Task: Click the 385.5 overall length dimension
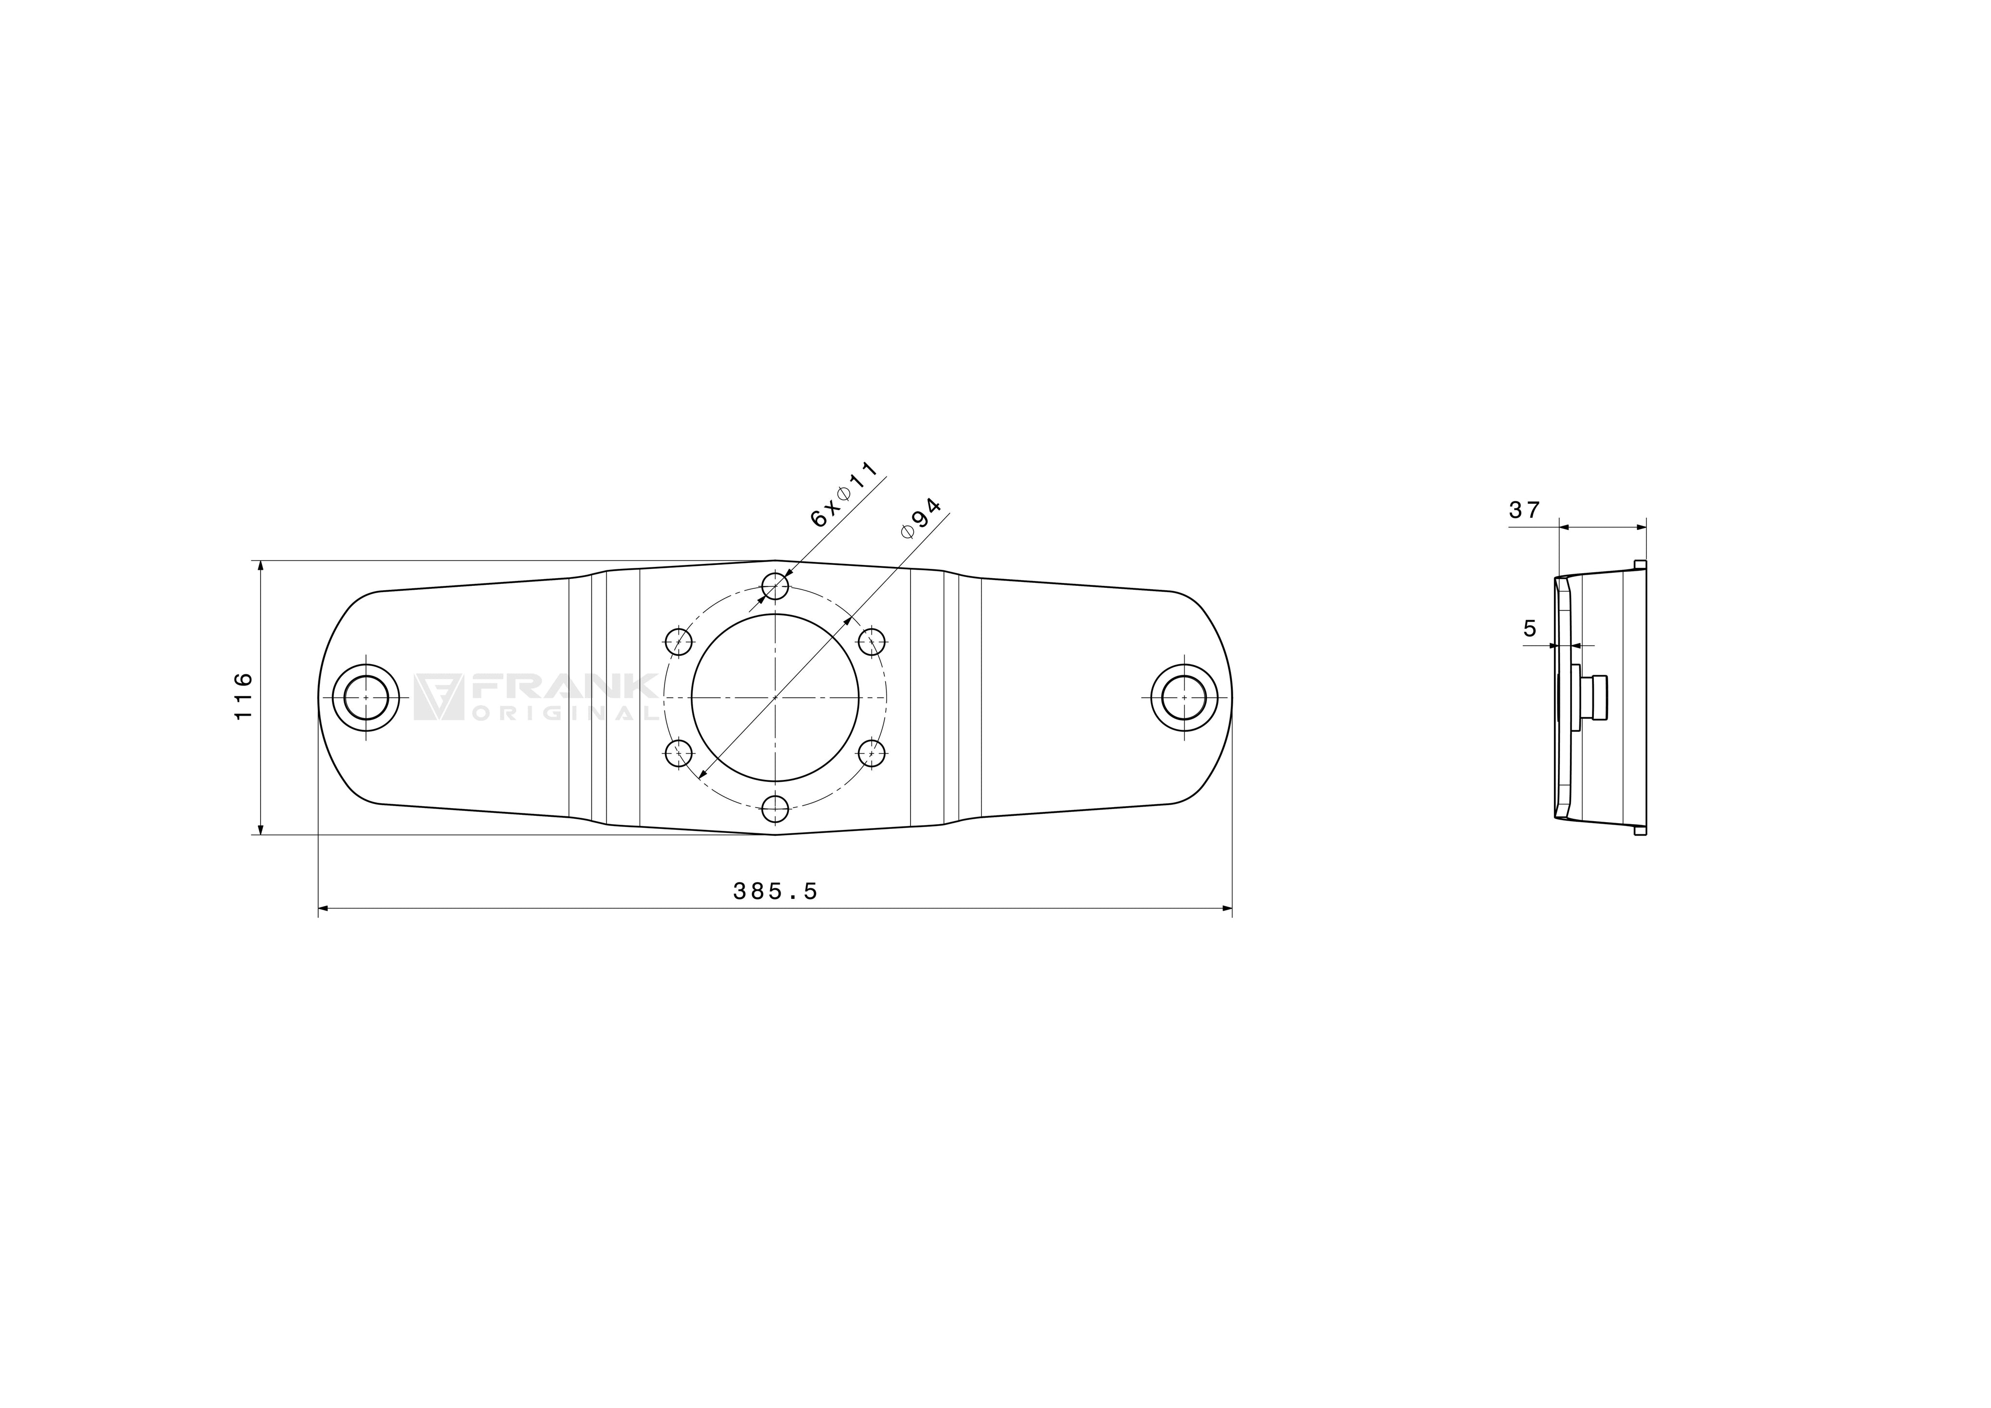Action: (x=775, y=891)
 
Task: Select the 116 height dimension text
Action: (x=243, y=696)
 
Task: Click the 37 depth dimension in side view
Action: (x=1523, y=510)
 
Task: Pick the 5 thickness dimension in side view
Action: (x=1530, y=628)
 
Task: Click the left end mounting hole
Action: (x=366, y=697)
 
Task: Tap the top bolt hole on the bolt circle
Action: (x=775, y=585)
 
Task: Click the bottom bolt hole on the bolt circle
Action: (x=775, y=809)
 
